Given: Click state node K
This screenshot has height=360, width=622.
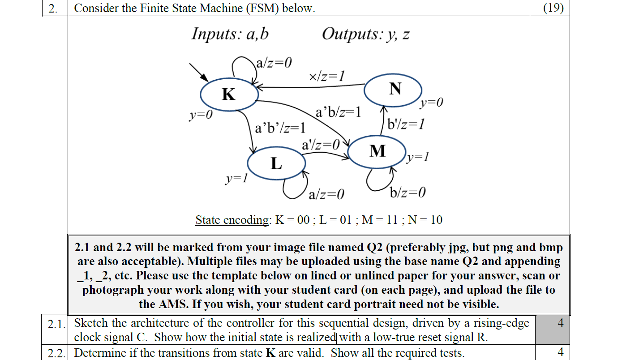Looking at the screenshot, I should point(229,94).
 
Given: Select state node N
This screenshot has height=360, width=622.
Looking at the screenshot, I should point(393,89).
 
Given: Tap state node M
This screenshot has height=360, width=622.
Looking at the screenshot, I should point(377,151).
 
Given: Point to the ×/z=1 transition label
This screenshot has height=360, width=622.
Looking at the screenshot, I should point(327,76).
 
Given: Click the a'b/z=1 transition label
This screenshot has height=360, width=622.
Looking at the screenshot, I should point(338,112).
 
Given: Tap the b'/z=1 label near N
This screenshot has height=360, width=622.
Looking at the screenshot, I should point(406,124).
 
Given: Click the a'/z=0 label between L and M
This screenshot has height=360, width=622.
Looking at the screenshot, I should point(321,144).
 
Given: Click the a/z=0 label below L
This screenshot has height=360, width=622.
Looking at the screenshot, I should point(326,194).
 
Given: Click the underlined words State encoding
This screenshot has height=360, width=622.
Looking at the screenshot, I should point(231,220).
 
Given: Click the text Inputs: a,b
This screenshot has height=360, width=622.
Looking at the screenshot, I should point(230,34).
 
